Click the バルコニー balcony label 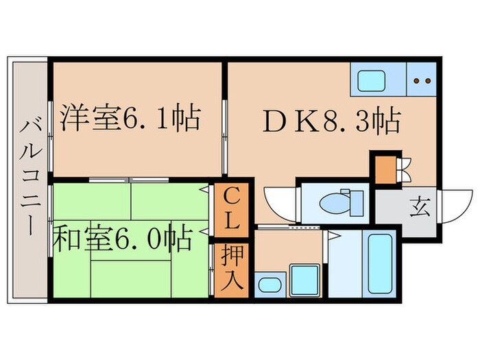click(x=29, y=177)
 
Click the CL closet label click(x=230, y=210)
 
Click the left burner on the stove click(x=417, y=81)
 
